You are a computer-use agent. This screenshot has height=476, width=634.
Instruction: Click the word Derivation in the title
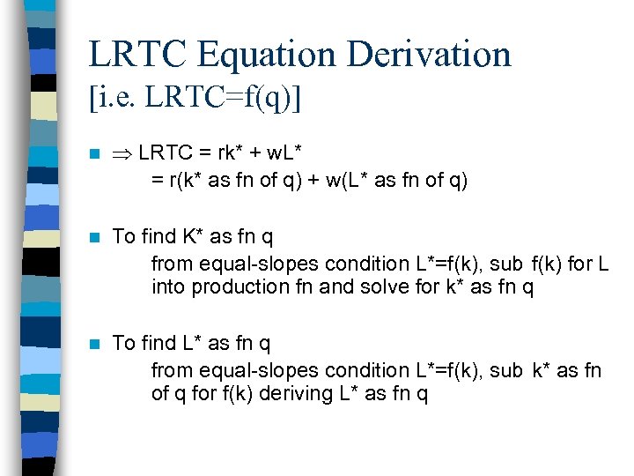tap(430, 54)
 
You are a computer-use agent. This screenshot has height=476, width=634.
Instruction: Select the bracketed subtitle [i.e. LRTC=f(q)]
tap(195, 98)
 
